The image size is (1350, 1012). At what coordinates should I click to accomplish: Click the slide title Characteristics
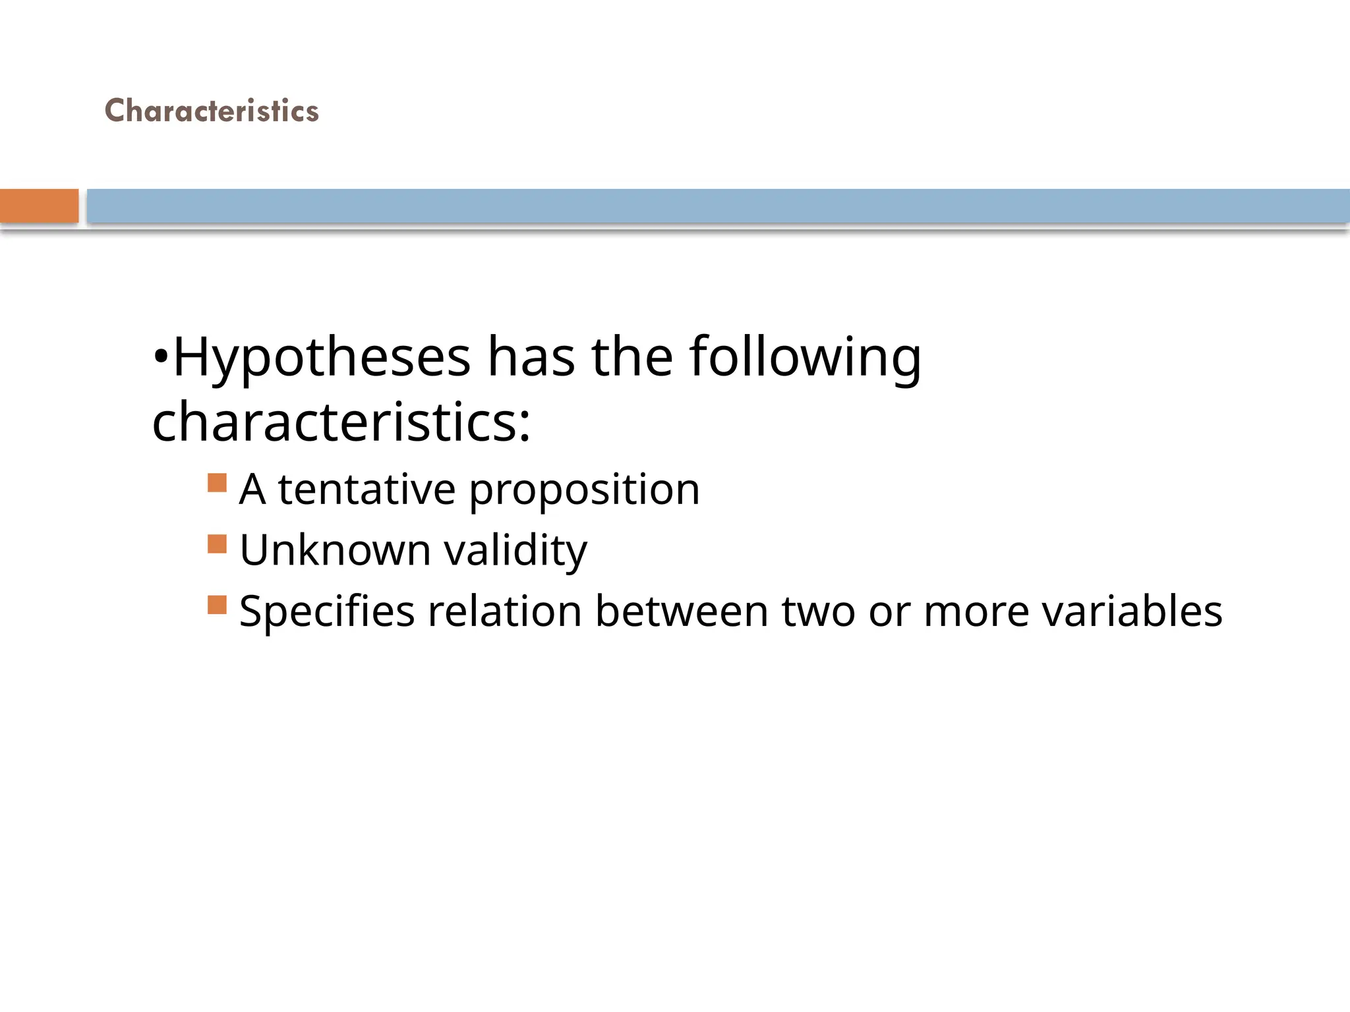(x=212, y=111)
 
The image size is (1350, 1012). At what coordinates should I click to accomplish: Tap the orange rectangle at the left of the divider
(x=39, y=206)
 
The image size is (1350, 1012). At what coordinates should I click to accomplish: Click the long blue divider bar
(x=717, y=206)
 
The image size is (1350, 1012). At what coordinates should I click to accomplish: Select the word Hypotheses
(x=322, y=358)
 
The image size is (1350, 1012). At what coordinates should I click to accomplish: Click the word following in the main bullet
(x=805, y=358)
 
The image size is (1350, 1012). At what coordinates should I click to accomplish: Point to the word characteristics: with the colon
(x=341, y=422)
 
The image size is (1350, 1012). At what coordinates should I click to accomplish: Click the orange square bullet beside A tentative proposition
(x=217, y=483)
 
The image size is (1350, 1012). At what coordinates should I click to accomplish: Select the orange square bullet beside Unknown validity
(x=217, y=544)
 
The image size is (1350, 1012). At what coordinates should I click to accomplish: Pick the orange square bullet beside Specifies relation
(x=217, y=605)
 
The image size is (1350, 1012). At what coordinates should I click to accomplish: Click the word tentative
(x=367, y=490)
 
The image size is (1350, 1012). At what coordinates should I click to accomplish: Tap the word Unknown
(x=335, y=550)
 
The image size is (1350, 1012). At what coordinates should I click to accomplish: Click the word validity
(x=515, y=551)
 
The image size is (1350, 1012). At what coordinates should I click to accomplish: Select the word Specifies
(x=327, y=612)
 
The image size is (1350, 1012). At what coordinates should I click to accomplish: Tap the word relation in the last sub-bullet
(x=504, y=611)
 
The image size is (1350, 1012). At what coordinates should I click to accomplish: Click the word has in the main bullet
(x=531, y=358)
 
